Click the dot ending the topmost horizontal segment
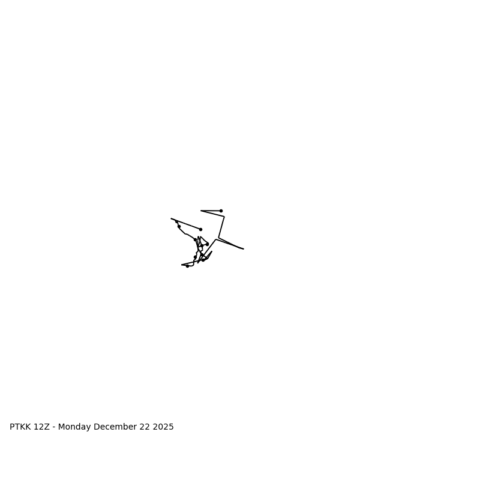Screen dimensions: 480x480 221,211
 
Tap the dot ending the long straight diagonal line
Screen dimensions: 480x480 200,229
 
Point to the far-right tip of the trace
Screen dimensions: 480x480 244,248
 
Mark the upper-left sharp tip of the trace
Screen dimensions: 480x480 171,218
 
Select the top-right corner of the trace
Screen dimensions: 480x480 224,217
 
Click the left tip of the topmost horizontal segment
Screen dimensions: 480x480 201,211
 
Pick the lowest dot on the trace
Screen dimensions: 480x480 187,266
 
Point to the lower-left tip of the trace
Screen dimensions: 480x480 182,265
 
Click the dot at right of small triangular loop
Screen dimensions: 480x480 207,244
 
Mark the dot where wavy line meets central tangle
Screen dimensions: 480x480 195,239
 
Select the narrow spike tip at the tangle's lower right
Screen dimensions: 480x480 212,251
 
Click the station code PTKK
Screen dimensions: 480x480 20,427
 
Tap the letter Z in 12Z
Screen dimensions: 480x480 47,427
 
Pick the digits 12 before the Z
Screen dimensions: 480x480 39,427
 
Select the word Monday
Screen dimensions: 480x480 74,427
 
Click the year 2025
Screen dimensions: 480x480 163,427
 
